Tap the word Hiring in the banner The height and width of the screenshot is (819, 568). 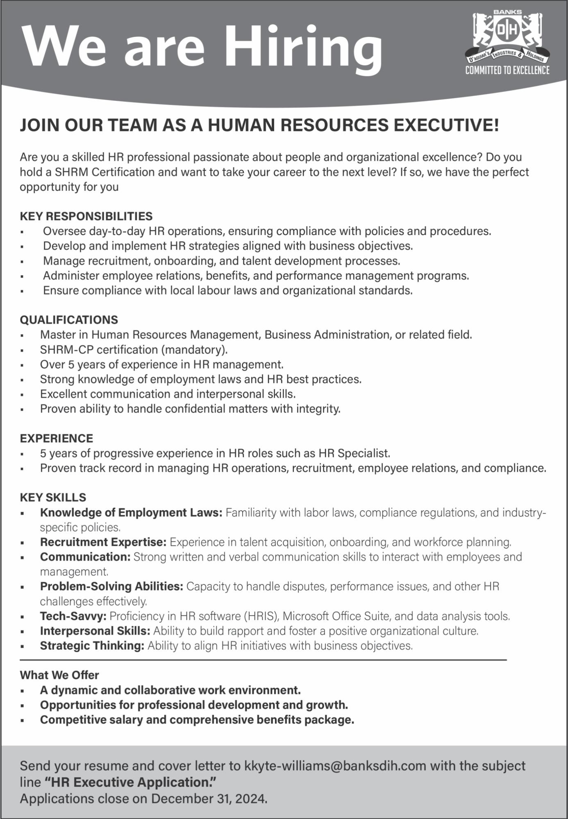[304, 46]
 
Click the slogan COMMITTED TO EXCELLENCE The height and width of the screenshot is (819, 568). [507, 70]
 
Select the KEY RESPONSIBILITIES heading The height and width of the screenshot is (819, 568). [86, 216]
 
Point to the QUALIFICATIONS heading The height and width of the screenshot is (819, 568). [69, 320]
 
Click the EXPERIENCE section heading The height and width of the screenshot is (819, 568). [57, 439]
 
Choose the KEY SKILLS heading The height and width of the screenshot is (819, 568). [53, 498]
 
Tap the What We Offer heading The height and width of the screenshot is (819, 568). [59, 675]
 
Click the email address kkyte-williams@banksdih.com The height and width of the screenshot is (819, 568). [335, 766]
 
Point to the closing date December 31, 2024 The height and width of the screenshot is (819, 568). [209, 799]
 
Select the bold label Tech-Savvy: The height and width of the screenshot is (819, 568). [73, 616]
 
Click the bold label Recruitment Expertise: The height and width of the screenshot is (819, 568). [103, 542]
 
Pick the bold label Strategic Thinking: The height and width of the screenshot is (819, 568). [92, 646]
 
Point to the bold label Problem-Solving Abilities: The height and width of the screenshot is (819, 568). [111, 586]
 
